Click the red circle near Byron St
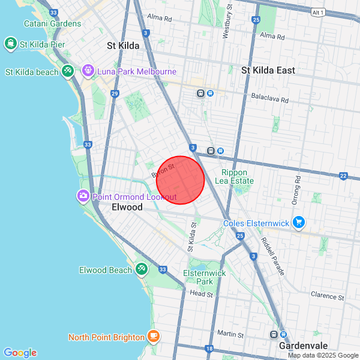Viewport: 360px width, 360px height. (x=181, y=180)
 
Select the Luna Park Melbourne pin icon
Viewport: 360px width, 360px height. (x=88, y=71)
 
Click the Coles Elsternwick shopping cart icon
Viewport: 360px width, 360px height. (x=299, y=223)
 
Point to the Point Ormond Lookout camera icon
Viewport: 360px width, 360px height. (x=83, y=196)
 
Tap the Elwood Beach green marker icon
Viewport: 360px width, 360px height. (x=142, y=270)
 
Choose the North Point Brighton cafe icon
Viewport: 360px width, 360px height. (x=154, y=337)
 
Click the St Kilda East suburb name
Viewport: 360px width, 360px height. (x=268, y=70)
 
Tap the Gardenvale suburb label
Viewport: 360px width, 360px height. (x=303, y=346)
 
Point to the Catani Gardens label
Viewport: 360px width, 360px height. (x=52, y=23)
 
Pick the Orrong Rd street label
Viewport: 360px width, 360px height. (x=296, y=193)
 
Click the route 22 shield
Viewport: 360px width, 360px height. (x=343, y=176)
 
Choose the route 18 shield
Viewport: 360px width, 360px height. (x=209, y=349)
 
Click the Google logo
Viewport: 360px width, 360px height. (x=20, y=353)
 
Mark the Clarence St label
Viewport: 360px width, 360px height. (x=327, y=296)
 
